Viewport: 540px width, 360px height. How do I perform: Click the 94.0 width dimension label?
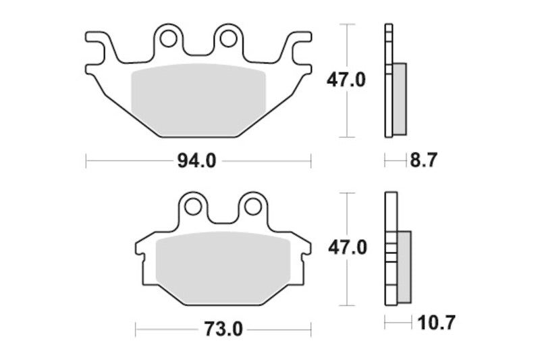click(x=198, y=161)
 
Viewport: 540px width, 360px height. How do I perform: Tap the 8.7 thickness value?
click(x=424, y=161)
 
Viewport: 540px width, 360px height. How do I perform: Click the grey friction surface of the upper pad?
click(x=197, y=98)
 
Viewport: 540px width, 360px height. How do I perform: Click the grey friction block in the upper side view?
click(x=400, y=97)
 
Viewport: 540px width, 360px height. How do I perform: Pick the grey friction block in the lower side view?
click(x=404, y=266)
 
